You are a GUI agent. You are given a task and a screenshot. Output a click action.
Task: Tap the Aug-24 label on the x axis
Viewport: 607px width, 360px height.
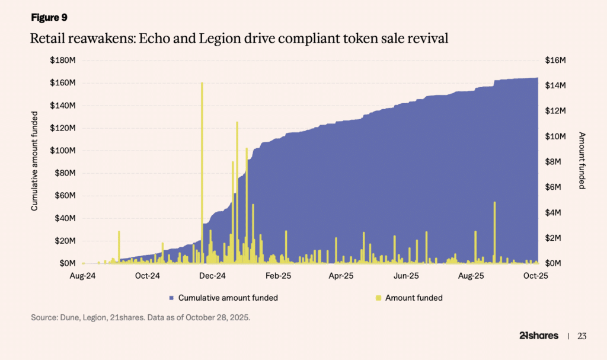coord(83,276)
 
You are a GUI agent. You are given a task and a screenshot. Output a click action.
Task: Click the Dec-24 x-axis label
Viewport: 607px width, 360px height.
coord(212,276)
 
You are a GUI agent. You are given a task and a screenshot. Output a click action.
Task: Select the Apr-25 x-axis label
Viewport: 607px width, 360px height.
coord(341,276)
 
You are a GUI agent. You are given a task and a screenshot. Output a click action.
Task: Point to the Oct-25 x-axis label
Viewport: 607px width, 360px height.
coord(536,276)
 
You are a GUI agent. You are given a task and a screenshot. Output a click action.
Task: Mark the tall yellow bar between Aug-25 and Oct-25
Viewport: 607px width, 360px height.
coord(494,231)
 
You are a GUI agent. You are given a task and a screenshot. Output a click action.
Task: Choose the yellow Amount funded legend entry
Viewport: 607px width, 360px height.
coord(409,298)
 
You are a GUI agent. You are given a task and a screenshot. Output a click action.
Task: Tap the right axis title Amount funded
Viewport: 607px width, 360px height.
coord(582,161)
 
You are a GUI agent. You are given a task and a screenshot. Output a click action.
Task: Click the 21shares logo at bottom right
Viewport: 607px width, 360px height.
coord(538,336)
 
